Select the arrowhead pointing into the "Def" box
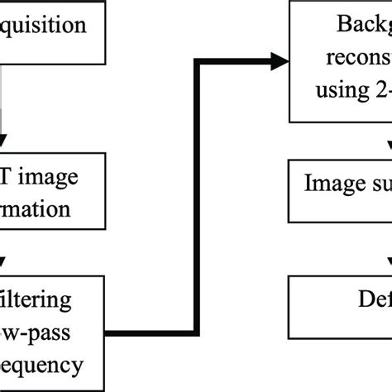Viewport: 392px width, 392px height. (x=388, y=266)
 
